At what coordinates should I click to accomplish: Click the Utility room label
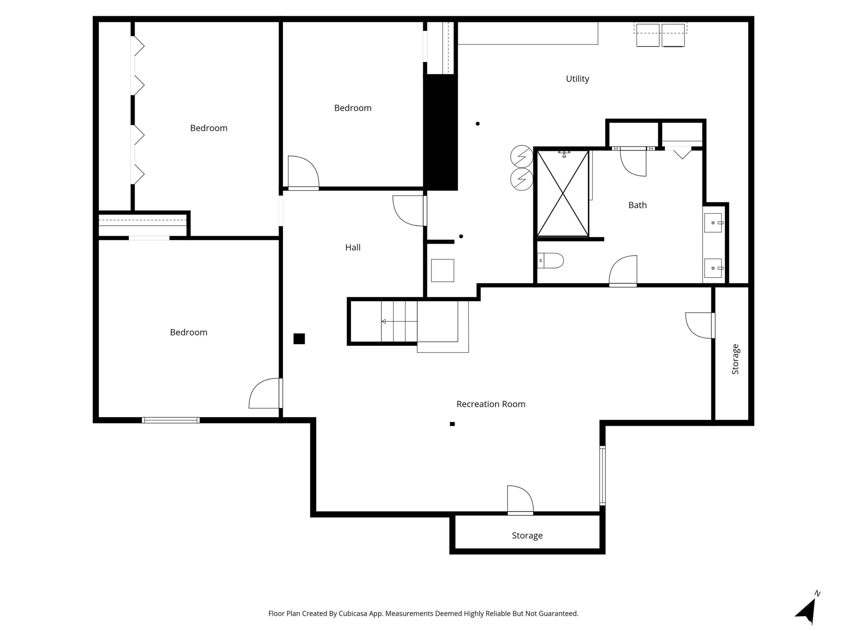[x=577, y=79]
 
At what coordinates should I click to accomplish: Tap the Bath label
[x=637, y=205]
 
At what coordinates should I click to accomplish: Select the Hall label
[x=353, y=248]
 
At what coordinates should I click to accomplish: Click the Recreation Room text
[x=491, y=404]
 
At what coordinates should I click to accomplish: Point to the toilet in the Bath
[x=551, y=261]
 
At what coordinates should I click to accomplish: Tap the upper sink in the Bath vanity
[x=713, y=223]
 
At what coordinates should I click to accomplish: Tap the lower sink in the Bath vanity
[x=713, y=268]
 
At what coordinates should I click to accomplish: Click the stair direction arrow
[x=384, y=321]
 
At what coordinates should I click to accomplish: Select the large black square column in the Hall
[x=299, y=339]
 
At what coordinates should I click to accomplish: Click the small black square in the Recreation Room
[x=452, y=424]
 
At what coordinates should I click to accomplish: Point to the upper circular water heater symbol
[x=521, y=156]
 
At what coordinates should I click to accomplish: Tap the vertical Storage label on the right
[x=735, y=359]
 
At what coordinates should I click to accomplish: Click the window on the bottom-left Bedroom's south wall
[x=171, y=420]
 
